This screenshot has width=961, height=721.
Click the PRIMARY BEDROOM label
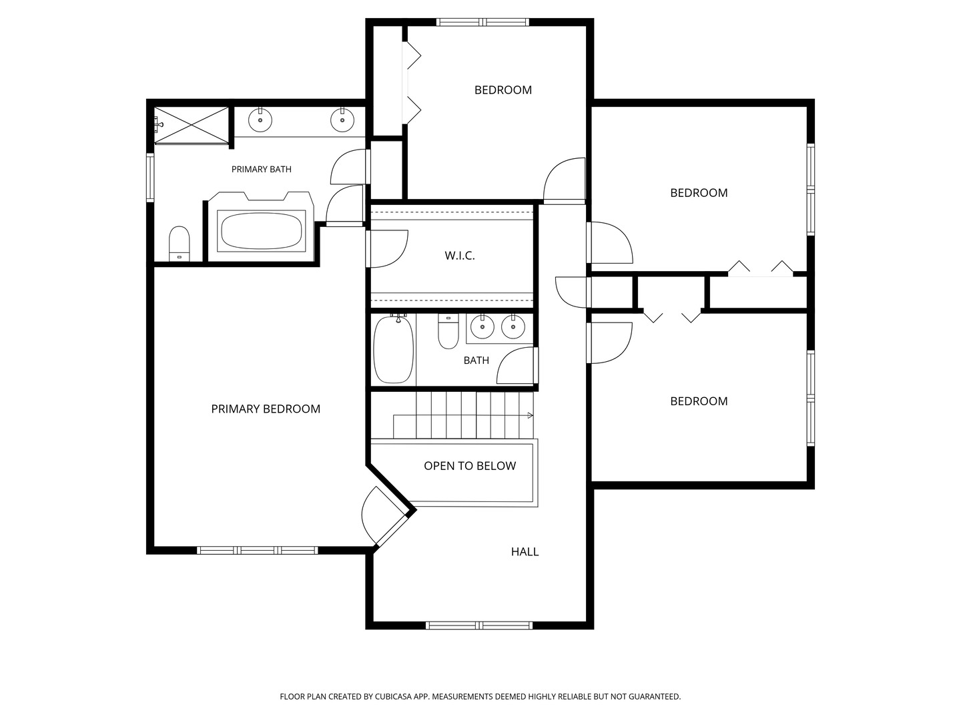266,409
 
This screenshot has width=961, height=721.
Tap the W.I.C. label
460,256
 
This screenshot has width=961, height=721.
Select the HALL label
525,551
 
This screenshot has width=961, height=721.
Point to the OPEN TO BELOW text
470,466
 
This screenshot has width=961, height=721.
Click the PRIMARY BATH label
262,170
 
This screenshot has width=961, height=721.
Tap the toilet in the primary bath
179,244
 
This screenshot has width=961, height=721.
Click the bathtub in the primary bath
262,231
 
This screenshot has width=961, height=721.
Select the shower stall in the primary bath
192,126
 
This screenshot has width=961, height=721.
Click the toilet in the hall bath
448,331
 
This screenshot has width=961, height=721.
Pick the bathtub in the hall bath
393,350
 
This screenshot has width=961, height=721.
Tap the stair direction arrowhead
531,415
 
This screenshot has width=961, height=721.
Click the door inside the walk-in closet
388,248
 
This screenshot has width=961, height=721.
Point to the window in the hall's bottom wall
479,626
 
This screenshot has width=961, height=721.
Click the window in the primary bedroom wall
258,550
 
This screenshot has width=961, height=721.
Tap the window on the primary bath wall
150,177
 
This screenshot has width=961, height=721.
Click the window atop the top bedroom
483,22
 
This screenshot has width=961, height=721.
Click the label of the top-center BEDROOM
503,90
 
